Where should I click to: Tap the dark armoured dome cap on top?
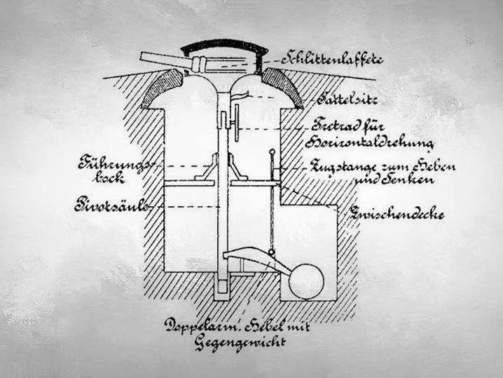(x=224, y=47)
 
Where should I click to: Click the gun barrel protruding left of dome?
(x=163, y=60)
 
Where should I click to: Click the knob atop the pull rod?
(x=272, y=151)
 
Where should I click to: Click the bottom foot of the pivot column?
(x=222, y=288)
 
